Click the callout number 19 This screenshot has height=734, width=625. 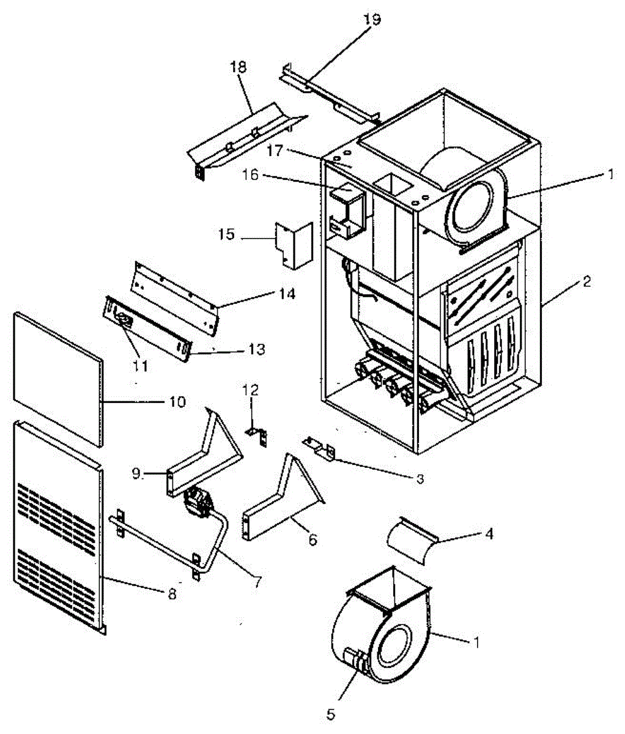(371, 19)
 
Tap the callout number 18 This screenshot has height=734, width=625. (239, 67)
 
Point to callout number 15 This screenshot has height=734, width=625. (227, 234)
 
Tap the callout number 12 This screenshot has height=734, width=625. (251, 390)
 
